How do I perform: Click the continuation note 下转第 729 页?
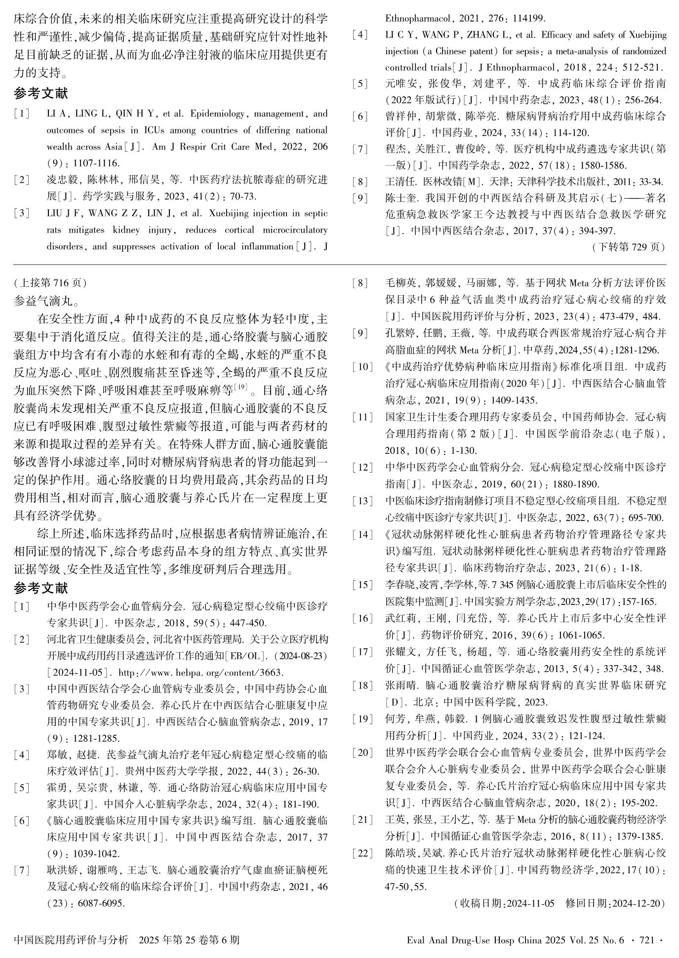628,247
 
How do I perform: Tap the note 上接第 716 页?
50,282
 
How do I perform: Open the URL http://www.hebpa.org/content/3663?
202,672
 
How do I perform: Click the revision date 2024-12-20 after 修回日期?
637,903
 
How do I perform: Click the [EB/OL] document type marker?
244,656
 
